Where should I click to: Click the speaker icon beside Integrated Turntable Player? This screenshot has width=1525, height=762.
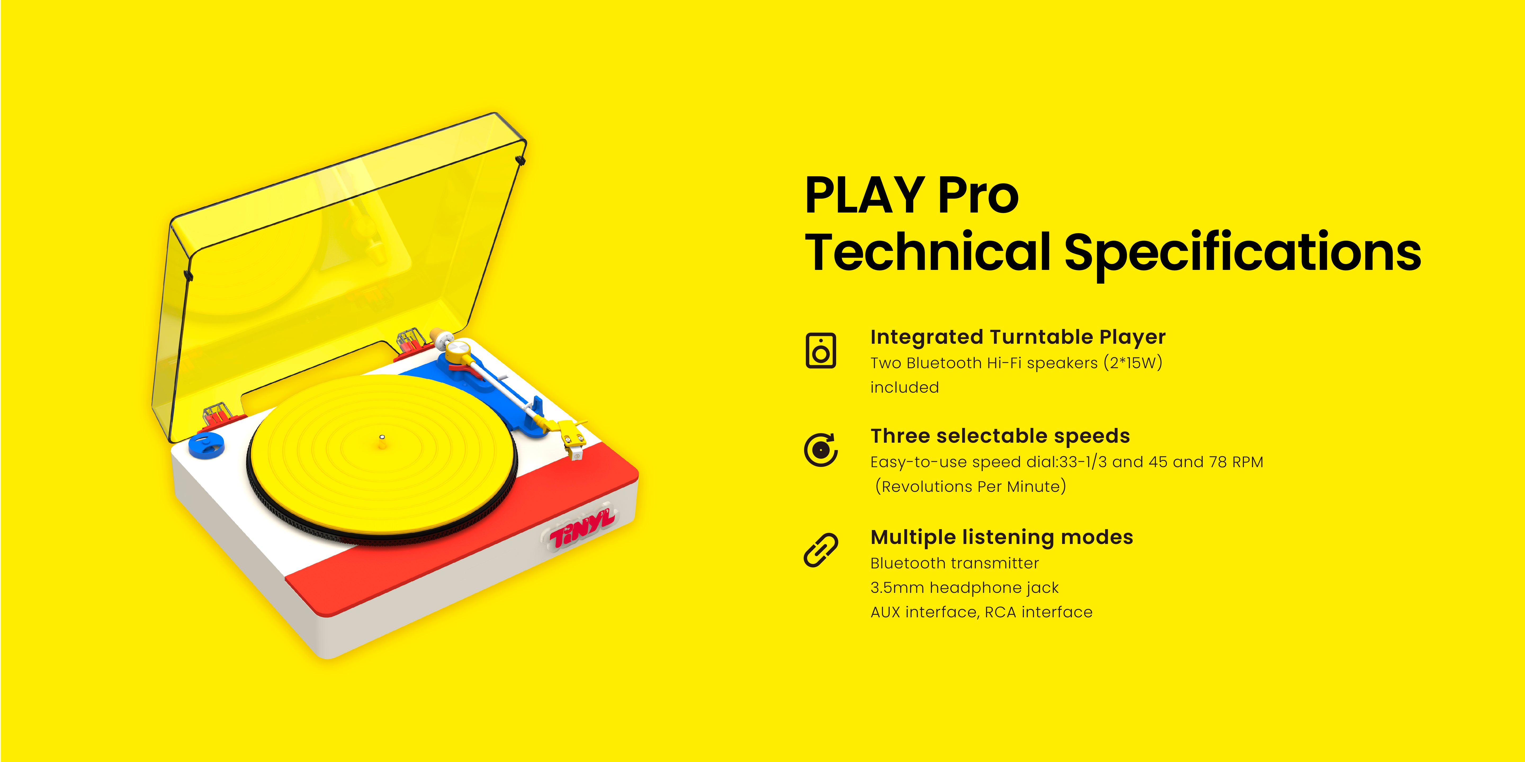pos(820,350)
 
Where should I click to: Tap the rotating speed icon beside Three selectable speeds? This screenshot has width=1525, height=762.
pos(820,450)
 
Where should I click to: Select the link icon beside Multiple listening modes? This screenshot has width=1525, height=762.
pos(820,550)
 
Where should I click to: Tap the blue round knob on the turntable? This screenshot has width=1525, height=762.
pos(207,444)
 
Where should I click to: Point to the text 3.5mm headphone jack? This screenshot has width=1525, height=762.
pos(964,587)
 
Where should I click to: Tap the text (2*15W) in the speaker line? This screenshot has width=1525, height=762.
pos(1133,363)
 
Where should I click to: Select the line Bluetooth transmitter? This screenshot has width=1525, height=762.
pos(954,563)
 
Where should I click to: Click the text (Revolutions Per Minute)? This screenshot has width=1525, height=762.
pos(970,486)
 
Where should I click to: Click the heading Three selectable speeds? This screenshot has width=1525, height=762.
pos(1000,436)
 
